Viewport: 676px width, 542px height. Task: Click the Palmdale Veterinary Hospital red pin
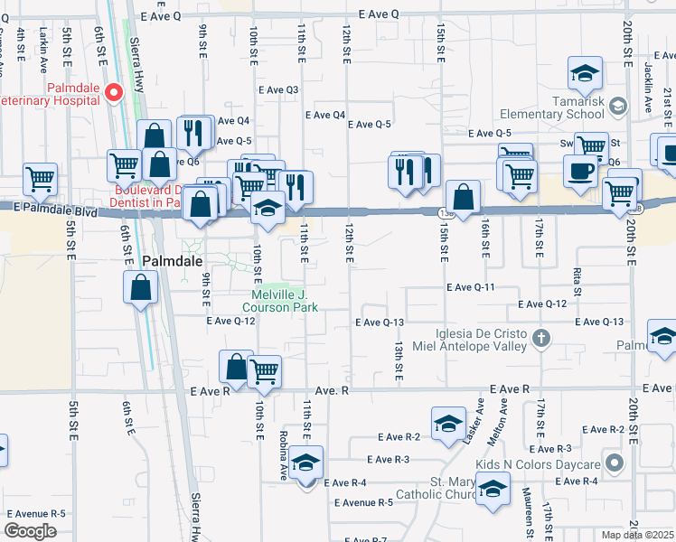114,92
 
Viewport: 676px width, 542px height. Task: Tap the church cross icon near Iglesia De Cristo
540,340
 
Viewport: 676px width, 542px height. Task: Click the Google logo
30,531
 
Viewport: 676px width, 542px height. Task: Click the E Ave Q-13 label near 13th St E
380,322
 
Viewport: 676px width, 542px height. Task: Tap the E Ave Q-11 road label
470,287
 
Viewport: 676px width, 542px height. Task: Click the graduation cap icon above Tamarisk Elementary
585,72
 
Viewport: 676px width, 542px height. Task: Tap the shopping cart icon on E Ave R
264,370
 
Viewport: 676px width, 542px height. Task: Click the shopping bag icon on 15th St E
463,198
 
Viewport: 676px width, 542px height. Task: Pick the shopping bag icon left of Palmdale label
141,287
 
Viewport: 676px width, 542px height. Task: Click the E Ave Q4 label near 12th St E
325,115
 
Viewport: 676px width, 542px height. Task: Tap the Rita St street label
577,273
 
